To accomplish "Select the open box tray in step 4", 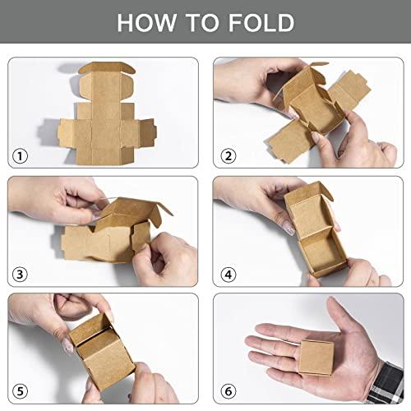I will (x=316, y=238).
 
